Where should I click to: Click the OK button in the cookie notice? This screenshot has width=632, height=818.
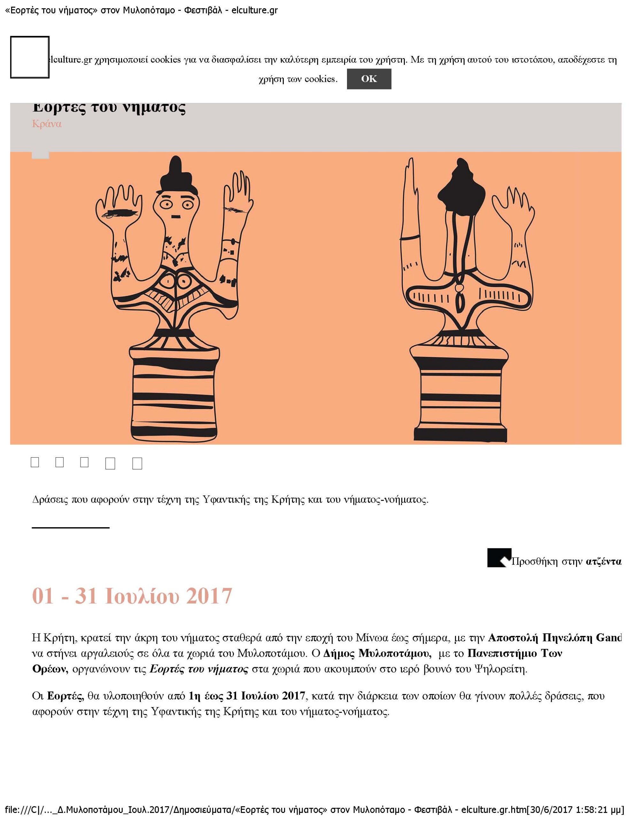369,79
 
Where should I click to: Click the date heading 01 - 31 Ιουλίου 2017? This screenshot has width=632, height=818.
132,596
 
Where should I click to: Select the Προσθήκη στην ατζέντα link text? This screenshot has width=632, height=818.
566,562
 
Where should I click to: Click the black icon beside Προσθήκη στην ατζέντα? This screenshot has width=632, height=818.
499,558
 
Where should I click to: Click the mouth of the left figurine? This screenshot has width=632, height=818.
175,217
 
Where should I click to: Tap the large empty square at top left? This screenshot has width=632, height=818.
30,57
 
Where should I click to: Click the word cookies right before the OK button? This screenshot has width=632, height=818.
321,79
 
